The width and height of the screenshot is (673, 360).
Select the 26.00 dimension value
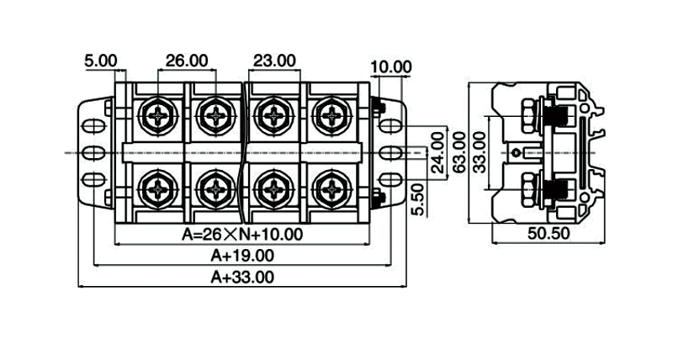186,61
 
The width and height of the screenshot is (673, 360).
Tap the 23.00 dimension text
274,61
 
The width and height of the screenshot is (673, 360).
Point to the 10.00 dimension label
391,66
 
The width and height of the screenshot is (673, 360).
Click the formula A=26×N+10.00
242,235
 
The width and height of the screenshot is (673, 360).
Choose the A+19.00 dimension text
242,255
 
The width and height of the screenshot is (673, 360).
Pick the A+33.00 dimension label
242,276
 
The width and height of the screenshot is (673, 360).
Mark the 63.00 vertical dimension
458,152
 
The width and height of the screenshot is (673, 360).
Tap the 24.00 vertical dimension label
437,153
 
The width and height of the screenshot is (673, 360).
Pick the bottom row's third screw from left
274,189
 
